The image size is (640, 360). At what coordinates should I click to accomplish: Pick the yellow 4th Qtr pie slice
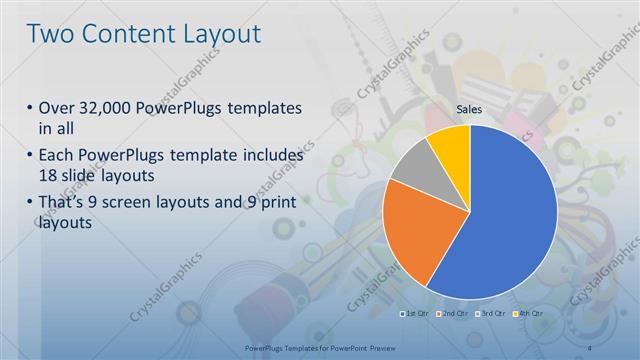tap(451, 143)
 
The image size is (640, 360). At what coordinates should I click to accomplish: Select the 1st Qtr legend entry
tap(415, 314)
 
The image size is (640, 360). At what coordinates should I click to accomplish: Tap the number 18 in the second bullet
tap(48, 174)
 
